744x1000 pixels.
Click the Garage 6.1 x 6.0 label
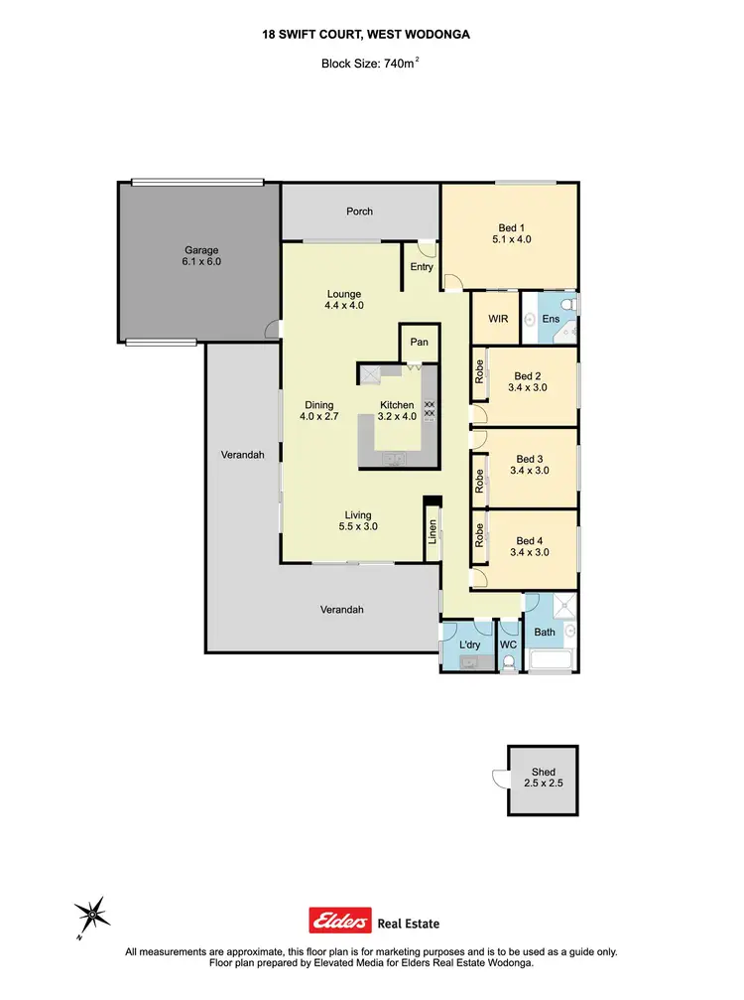[x=200, y=256]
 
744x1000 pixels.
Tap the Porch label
[x=359, y=211]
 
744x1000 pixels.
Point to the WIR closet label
[x=499, y=319]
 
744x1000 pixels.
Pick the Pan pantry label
[x=419, y=341]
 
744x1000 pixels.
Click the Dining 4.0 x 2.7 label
[x=319, y=410]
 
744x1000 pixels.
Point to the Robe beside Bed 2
[x=479, y=370]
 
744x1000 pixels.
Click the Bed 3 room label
[x=529, y=465]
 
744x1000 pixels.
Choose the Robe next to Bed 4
[x=479, y=537]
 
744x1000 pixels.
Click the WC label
[x=509, y=644]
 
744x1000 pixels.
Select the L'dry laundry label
[x=470, y=644]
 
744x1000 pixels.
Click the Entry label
[x=422, y=266]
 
